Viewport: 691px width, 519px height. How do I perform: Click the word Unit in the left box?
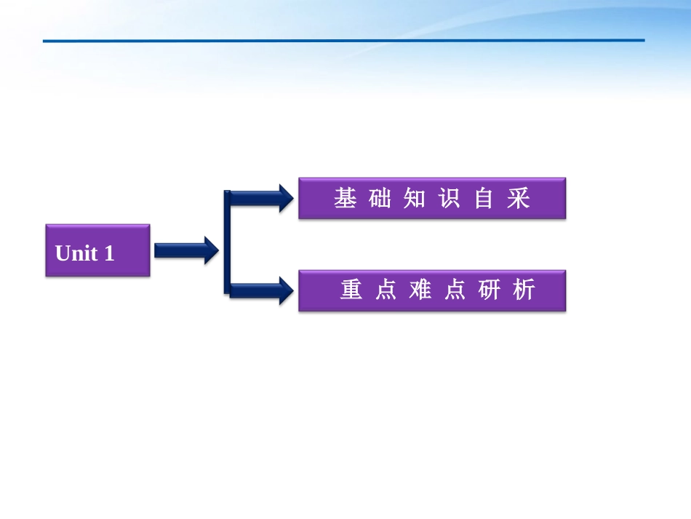76,253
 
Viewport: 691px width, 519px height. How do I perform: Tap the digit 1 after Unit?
109,253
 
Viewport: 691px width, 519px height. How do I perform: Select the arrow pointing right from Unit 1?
185,250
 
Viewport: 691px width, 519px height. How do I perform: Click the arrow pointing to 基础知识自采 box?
262,197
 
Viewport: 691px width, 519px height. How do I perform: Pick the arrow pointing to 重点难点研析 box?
262,290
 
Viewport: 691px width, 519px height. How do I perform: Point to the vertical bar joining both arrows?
227,242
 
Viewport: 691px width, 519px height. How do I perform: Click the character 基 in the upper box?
345,198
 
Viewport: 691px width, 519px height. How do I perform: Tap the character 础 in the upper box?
380,198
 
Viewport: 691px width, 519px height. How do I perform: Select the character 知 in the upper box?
415,198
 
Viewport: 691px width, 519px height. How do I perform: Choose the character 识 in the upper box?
450,198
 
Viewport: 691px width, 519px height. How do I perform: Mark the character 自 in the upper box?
484,198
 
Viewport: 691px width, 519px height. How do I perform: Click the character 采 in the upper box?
519,198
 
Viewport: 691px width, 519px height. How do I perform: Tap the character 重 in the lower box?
351,290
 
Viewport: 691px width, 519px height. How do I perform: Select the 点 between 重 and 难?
386,290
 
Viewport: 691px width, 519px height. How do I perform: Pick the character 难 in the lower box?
420,290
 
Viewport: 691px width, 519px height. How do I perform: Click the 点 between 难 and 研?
455,290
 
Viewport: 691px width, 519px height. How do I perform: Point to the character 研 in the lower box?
490,290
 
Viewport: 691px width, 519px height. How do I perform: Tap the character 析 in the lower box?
524,290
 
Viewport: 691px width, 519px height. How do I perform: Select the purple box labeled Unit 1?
97,250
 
